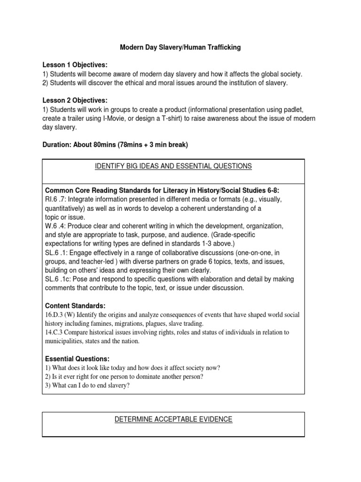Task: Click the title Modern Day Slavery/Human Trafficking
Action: [180, 48]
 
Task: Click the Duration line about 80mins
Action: [115, 145]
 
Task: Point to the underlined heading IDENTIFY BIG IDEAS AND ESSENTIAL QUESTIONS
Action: [173, 166]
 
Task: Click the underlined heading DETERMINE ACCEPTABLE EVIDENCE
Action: [173, 419]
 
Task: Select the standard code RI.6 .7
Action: [55, 199]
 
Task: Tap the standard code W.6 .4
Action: [55, 226]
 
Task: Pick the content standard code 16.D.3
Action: [55, 314]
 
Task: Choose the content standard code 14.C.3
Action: [55, 332]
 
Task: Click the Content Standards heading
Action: [75, 305]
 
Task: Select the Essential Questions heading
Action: [77, 359]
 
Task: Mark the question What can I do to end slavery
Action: [86, 386]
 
